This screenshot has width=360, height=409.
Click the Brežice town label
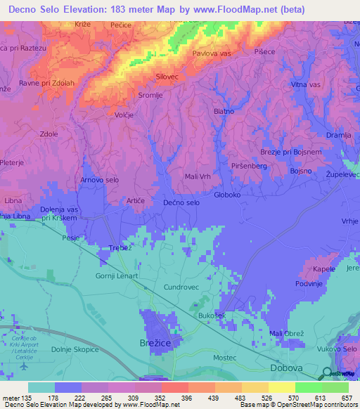tap(150, 344)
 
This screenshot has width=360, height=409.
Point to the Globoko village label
tap(227, 195)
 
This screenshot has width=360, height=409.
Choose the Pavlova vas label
tap(212, 53)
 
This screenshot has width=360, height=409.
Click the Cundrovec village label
tap(182, 287)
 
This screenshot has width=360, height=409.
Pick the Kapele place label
tap(324, 269)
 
